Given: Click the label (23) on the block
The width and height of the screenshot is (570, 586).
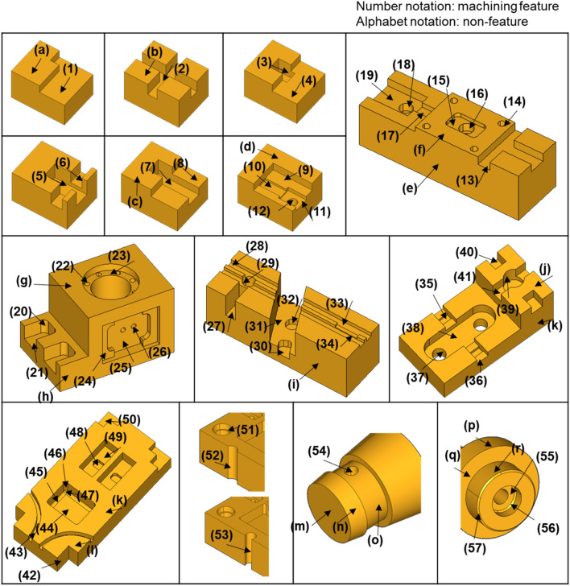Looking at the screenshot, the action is (119, 256).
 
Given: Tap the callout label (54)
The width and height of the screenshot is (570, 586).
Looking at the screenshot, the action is (319, 451).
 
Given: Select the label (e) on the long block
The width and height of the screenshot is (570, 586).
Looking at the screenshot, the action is (409, 188).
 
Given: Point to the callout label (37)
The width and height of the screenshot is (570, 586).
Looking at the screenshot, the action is (418, 378).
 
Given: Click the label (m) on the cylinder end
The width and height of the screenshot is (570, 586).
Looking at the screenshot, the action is (300, 526).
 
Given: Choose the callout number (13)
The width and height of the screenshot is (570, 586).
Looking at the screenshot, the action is (467, 180).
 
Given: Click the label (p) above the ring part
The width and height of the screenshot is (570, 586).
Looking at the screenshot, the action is (471, 426).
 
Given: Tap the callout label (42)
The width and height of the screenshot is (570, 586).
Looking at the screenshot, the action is (30, 575).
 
